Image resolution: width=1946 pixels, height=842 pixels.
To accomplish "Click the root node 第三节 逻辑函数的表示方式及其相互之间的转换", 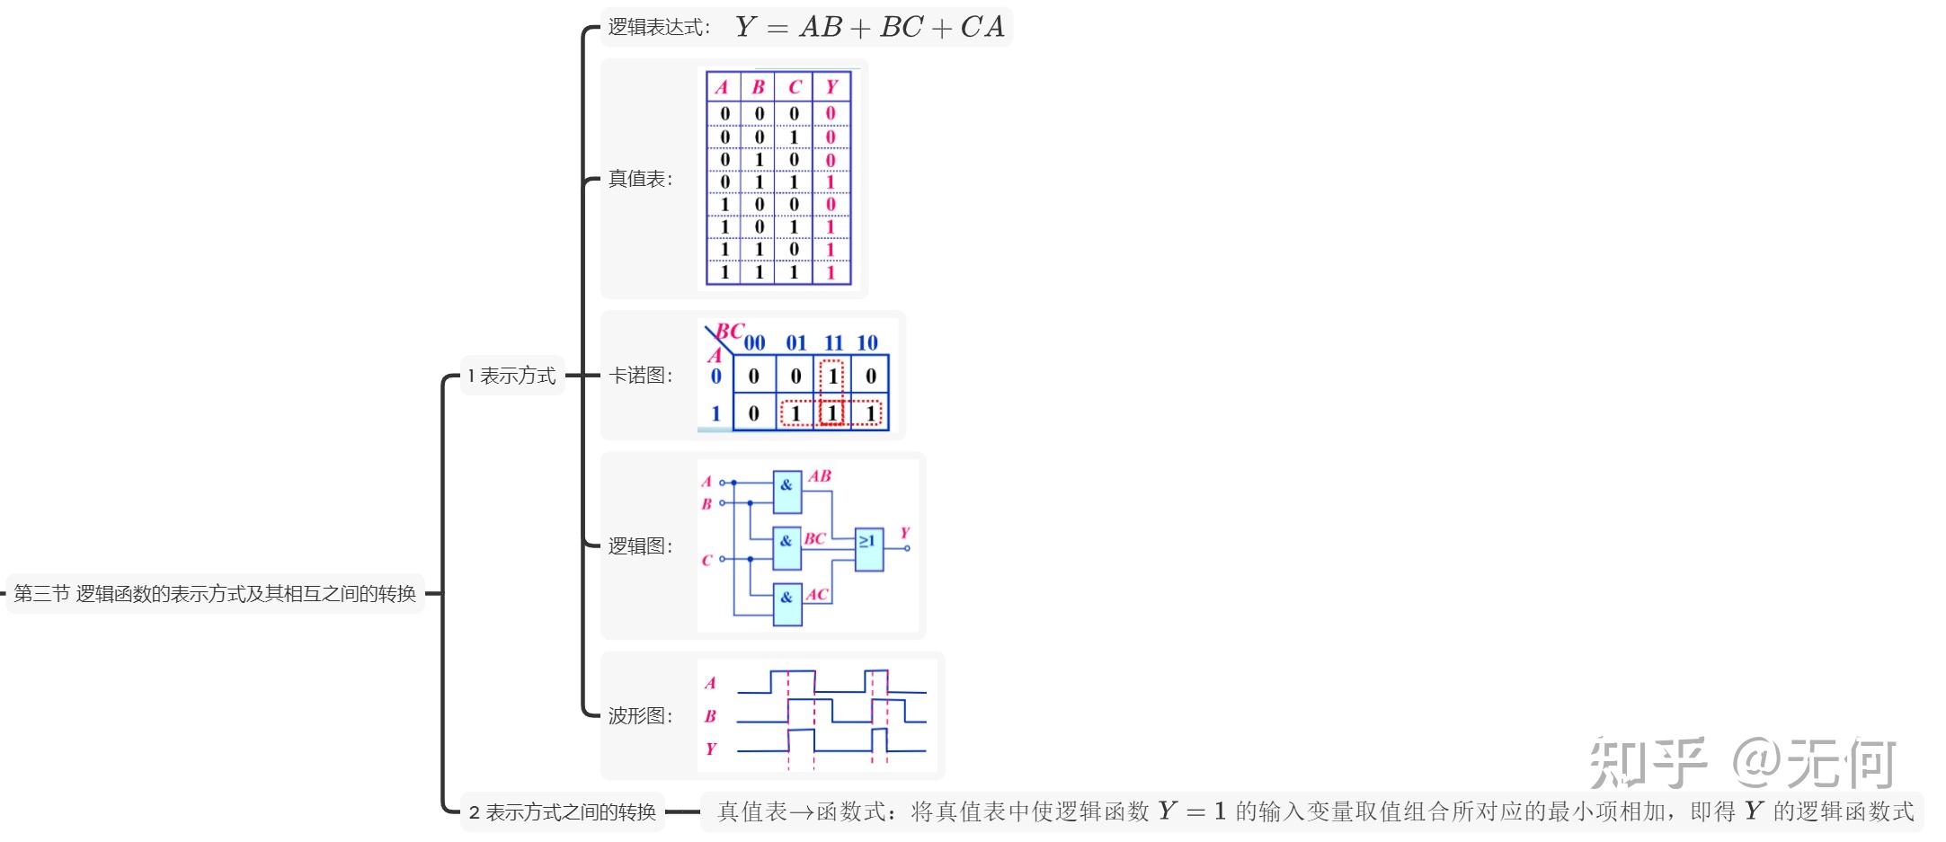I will click(x=215, y=594).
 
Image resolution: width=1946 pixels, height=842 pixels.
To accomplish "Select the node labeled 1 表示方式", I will click(x=511, y=376).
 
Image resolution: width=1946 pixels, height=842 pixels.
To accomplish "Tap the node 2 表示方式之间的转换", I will click(x=563, y=812).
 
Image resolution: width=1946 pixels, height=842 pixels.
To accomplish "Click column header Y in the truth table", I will click(x=831, y=87).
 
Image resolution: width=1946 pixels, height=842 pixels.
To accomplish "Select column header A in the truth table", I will click(x=722, y=87).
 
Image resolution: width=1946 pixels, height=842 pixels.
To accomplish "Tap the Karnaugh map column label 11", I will click(x=833, y=343).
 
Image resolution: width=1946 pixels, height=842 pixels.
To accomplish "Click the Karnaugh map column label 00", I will click(x=754, y=343).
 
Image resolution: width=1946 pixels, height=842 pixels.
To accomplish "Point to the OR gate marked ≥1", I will click(x=868, y=548).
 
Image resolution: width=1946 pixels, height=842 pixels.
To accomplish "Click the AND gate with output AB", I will click(x=786, y=490).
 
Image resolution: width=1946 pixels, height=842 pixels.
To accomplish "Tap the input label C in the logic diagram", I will click(x=706, y=561).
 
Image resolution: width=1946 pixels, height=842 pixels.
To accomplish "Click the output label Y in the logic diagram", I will click(x=905, y=533).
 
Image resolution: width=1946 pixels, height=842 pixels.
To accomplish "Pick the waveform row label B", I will click(x=710, y=716).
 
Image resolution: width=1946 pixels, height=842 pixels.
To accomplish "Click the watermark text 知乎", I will click(x=1647, y=763).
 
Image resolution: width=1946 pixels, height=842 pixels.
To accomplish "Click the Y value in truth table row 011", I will click(x=831, y=182).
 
